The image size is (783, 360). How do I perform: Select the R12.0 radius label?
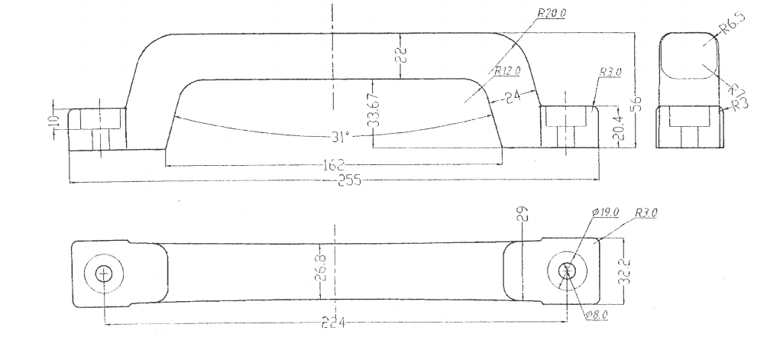pyautogui.click(x=506, y=71)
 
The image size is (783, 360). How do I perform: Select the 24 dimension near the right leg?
pyautogui.click(x=510, y=97)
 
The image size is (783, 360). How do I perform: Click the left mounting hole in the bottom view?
pyautogui.click(x=105, y=274)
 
